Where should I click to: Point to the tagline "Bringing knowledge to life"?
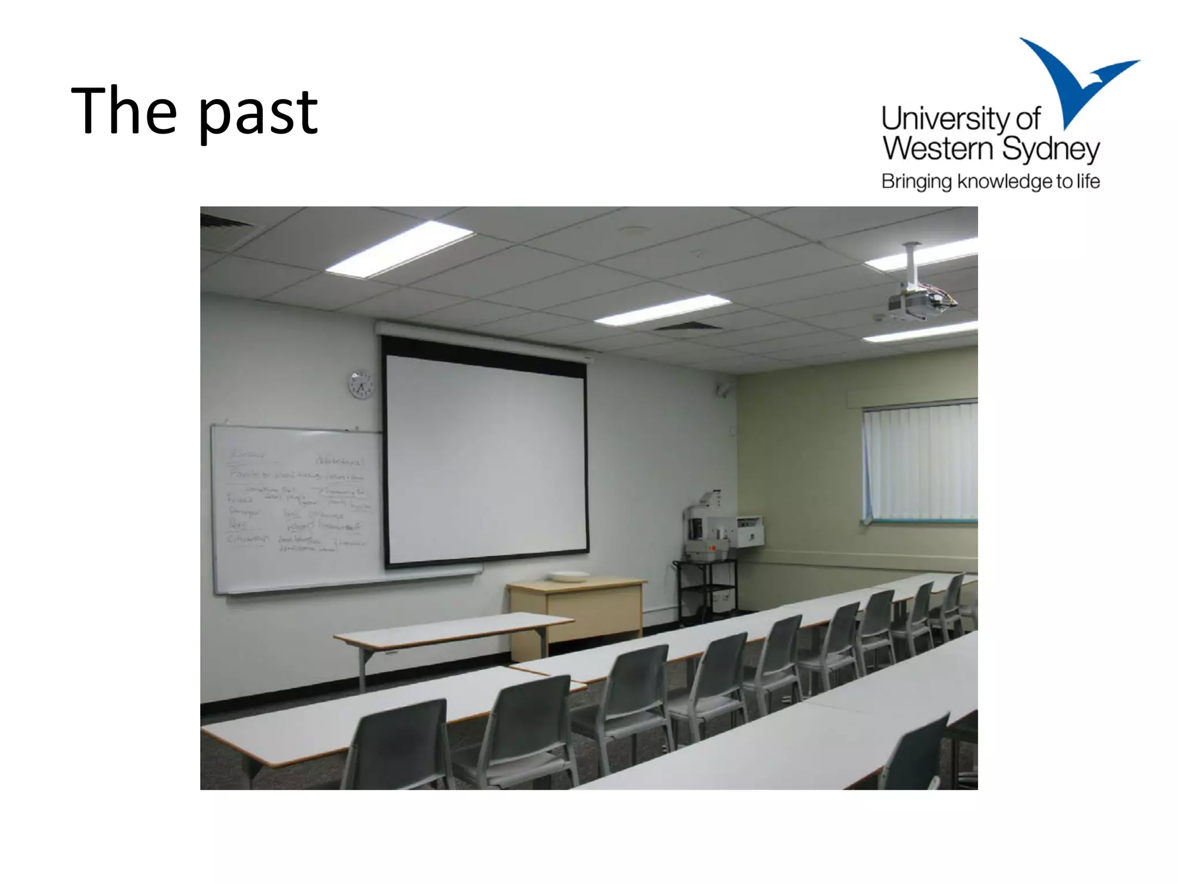tap(990, 181)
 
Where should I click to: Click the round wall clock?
tap(361, 384)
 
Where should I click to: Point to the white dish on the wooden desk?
tap(568, 576)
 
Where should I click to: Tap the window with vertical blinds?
tap(920, 460)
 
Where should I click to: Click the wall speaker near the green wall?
tap(723, 390)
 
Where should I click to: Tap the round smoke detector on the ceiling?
tap(633, 231)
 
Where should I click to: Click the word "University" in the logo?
tap(944, 119)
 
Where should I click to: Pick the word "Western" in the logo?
tap(938, 149)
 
